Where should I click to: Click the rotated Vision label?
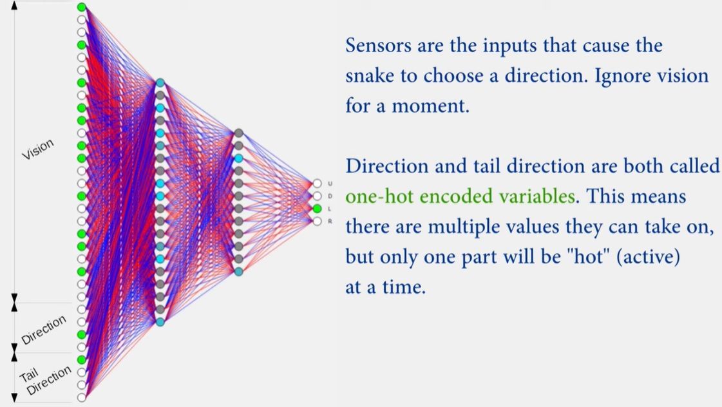38,149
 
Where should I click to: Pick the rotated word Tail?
28,375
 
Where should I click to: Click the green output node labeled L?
318,209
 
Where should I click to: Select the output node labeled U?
318,184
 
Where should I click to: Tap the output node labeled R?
318,222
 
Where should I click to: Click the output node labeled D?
318,196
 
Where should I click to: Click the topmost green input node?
82,7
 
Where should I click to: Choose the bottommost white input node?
82,397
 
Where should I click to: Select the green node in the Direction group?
82,334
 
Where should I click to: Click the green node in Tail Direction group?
82,359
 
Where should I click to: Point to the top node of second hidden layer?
238,133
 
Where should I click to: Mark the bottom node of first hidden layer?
160,322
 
